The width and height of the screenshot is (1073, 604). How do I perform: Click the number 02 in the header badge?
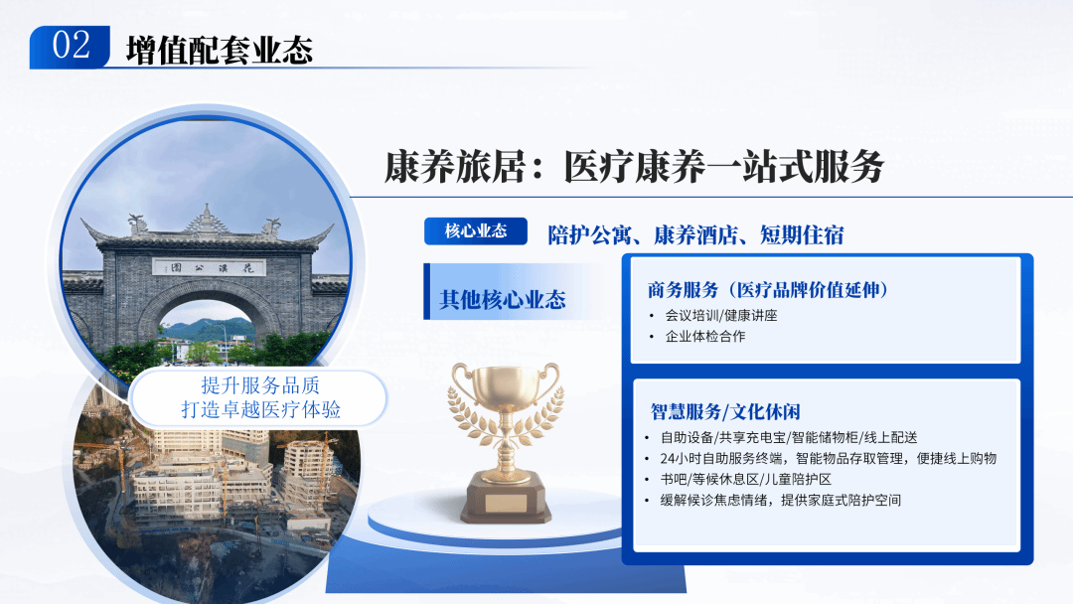click(x=71, y=46)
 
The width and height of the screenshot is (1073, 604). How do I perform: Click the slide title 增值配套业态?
click(x=220, y=49)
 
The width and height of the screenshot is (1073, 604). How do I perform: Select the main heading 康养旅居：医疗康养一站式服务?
click(x=634, y=167)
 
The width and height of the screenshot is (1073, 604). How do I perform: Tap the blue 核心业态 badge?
click(x=475, y=231)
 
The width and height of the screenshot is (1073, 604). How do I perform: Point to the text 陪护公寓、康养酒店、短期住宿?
click(x=695, y=234)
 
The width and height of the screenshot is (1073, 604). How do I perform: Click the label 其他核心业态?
click(x=503, y=299)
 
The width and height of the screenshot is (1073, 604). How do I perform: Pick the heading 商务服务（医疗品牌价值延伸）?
click(x=767, y=290)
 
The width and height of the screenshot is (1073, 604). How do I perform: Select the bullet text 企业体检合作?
click(x=704, y=337)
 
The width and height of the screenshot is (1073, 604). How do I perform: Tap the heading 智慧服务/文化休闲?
click(x=725, y=411)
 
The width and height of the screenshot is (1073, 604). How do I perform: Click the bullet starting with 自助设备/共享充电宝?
click(x=788, y=437)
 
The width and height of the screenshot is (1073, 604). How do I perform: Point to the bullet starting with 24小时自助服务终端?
click(x=828, y=458)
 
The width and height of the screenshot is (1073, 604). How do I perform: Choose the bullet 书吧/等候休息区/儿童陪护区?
click(x=752, y=479)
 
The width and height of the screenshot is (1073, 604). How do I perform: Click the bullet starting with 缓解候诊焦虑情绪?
click(x=780, y=500)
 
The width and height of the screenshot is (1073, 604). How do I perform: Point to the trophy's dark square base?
click(x=505, y=497)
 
